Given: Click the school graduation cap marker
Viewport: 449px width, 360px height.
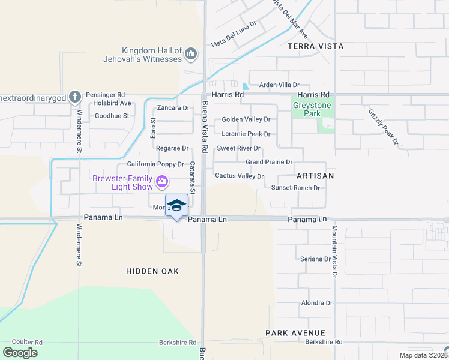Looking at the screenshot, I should (176, 206).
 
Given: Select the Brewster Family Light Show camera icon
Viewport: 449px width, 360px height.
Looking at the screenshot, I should (161, 181).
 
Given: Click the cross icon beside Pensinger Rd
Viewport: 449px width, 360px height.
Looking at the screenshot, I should (74, 96).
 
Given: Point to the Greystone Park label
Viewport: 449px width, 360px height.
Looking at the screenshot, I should (312, 109).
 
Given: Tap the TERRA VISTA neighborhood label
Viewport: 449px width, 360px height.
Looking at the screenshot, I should (315, 46).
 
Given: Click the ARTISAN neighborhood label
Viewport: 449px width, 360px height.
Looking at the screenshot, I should (315, 176).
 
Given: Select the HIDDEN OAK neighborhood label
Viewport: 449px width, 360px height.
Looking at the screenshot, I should (152, 271).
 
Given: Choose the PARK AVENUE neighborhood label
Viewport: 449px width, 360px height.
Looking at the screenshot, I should (295, 332).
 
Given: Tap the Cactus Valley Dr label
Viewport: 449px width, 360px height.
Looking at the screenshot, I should (240, 176).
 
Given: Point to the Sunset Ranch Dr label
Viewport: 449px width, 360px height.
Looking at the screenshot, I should (295, 188).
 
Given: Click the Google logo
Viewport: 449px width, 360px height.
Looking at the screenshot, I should (20, 353).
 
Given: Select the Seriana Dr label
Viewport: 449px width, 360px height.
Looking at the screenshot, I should (316, 259).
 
